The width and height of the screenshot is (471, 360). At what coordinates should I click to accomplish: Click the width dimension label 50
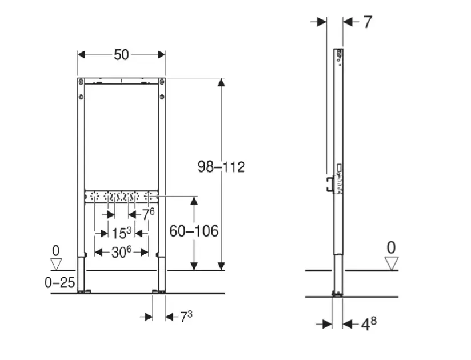click(121, 55)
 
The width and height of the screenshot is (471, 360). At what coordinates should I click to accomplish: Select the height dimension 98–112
click(221, 167)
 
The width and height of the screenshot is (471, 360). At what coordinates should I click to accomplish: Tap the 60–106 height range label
click(194, 231)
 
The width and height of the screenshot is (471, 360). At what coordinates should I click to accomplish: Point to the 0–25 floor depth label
click(59, 282)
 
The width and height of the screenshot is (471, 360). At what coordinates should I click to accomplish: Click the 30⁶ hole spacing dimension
click(121, 253)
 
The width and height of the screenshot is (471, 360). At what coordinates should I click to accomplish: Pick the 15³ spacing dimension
click(121, 233)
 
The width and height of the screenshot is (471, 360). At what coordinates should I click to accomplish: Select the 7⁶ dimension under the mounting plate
click(148, 214)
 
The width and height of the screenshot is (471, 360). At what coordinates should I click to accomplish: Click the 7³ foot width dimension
click(186, 317)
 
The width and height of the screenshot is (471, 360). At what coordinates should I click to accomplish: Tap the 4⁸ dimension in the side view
click(369, 324)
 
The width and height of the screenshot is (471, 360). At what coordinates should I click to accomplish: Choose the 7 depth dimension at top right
click(368, 22)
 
